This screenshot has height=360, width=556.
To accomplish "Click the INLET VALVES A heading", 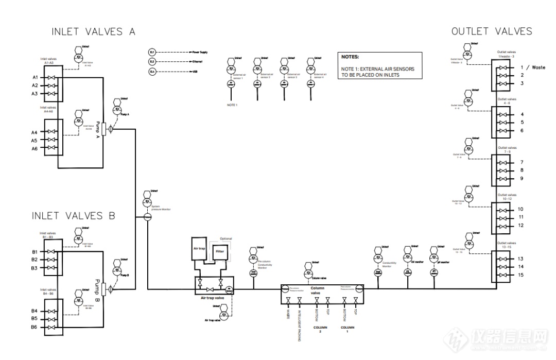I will (93, 32).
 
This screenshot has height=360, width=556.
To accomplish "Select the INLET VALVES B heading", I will (74, 215).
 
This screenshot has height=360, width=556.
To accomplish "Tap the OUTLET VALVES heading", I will (492, 31).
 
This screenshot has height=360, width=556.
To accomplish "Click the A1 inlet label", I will (35, 77).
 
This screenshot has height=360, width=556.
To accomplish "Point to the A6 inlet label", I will (35, 148).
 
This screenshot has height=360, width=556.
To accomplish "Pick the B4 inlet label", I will (34, 311).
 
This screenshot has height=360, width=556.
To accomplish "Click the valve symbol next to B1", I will (51, 252).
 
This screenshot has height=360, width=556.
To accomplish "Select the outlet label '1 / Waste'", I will (532, 67).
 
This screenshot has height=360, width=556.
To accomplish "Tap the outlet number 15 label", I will (520, 275).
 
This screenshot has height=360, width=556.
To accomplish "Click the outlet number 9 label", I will (522, 178).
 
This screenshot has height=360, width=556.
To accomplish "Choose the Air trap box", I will (199, 248).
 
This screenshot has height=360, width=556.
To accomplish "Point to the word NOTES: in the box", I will (350, 57).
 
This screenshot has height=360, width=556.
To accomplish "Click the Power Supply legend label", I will (199, 53).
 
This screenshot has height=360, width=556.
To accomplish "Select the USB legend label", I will (195, 72).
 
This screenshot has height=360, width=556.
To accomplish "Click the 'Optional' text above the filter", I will (225, 238).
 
